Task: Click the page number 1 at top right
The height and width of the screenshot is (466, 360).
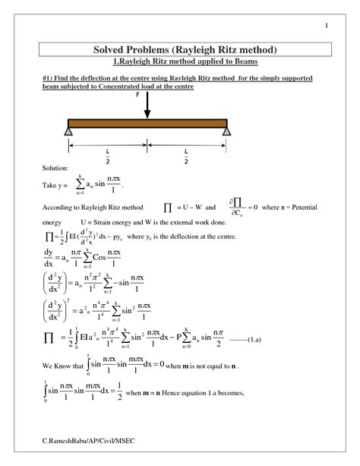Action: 325,27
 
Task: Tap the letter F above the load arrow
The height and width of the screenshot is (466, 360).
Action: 137,96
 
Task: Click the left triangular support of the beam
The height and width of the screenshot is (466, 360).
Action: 69,133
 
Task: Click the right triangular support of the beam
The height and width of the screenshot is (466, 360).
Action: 205,133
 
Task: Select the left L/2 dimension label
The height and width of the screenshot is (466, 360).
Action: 107,156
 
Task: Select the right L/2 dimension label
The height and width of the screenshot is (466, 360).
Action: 185,156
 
